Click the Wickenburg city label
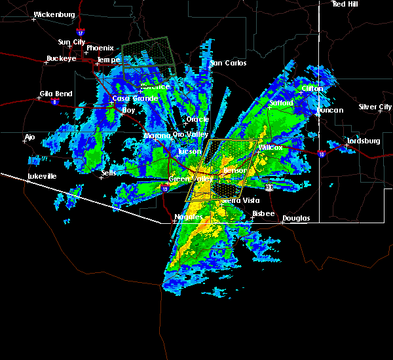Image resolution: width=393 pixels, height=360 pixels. pyautogui.click(x=54, y=14)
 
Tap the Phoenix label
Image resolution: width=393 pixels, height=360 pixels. pyautogui.click(x=100, y=48)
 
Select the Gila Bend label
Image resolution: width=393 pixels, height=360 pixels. pyautogui.click(x=55, y=94)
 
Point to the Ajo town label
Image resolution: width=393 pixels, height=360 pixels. pyautogui.click(x=29, y=137)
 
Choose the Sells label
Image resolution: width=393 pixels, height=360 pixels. pyautogui.click(x=109, y=173)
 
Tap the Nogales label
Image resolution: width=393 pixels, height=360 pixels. pyautogui.click(x=187, y=217)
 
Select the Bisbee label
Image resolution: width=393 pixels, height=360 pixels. pyautogui.click(x=263, y=213)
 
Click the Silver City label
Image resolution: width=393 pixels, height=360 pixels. pyautogui.click(x=375, y=107)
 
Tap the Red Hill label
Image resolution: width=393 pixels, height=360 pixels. pyautogui.click(x=345, y=4)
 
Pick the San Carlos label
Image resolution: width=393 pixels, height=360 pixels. pyautogui.click(x=228, y=63)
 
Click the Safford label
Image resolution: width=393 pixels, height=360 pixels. pyautogui.click(x=282, y=103)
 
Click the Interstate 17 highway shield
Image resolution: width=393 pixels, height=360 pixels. pyautogui.click(x=80, y=32)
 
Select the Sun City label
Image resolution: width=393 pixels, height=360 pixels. pyautogui.click(x=71, y=42)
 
